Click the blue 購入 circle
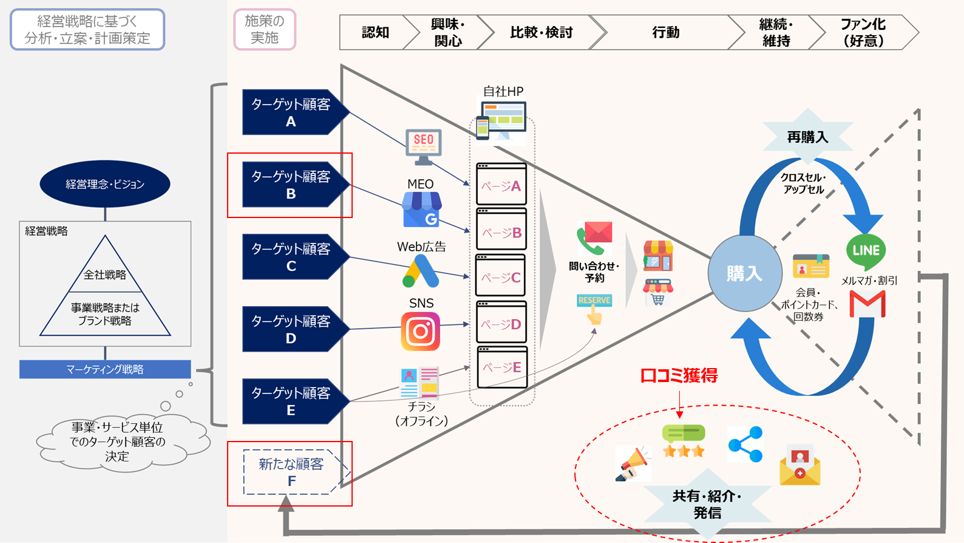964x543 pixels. (745, 273)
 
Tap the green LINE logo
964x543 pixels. (866, 251)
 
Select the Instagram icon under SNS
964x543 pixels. (421, 331)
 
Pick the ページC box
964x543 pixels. (500, 275)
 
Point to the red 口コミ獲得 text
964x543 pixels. (679, 375)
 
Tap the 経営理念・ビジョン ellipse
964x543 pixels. (105, 184)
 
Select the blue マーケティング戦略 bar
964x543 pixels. (105, 369)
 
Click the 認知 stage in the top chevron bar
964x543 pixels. (375, 32)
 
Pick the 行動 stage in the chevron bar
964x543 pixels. (665, 32)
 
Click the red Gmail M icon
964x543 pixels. (867, 304)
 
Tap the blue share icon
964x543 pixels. (745, 445)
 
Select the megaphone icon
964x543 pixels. (633, 463)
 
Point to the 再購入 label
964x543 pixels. (808, 137)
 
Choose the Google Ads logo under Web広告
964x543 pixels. (421, 271)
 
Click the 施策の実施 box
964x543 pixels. (265, 29)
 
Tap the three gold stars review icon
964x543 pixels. (684, 441)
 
